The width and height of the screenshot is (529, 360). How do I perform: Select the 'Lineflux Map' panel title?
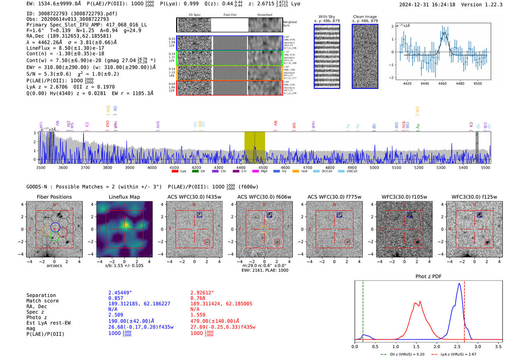(124, 197)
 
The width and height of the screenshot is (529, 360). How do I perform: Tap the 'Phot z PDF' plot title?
(428, 276)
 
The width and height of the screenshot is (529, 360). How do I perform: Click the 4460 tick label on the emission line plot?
(442, 83)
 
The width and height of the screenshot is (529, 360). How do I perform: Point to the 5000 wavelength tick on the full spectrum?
(374, 167)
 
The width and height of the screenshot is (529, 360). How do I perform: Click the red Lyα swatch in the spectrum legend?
(175, 171)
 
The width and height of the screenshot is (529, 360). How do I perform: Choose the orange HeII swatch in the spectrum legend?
(295, 171)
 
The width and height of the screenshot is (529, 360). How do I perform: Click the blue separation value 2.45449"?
(120, 293)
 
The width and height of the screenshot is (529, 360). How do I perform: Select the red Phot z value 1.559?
(198, 315)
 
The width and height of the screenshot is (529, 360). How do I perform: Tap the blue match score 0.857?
(116, 298)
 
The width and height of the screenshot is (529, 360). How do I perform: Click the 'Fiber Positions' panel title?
(54, 197)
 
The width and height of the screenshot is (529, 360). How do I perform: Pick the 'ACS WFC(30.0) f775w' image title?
(334, 197)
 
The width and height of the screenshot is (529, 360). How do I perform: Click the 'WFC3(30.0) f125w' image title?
(474, 197)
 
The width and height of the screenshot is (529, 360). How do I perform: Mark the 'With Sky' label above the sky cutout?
(327, 17)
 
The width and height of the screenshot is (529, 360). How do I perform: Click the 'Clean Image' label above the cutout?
(365, 17)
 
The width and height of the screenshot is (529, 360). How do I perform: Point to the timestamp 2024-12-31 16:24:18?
(427, 5)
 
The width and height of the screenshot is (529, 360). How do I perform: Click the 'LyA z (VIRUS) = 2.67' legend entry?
(458, 354)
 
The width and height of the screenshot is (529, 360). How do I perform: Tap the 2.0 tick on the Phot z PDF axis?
(436, 346)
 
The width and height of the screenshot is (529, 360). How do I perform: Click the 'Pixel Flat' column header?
(230, 15)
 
